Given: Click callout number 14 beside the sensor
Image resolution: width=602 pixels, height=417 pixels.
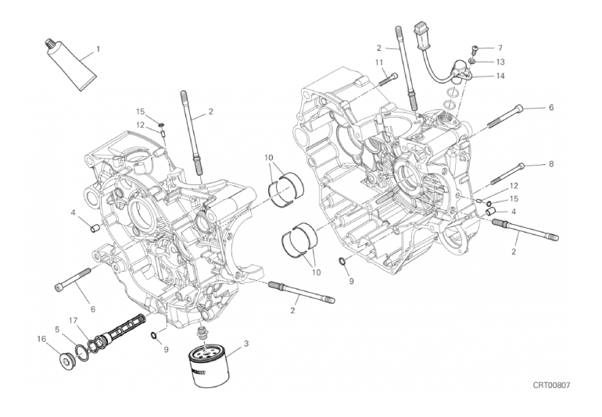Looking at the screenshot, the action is click(500, 76).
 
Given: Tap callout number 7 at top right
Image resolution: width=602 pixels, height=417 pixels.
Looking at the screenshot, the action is click(500, 48).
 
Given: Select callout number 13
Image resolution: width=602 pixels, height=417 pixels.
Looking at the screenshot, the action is click(500, 61).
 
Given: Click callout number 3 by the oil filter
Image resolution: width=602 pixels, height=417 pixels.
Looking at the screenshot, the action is click(246, 344).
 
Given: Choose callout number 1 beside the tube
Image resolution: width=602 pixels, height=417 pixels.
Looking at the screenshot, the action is click(99, 49).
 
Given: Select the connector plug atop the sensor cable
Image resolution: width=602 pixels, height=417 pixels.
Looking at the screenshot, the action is click(425, 37).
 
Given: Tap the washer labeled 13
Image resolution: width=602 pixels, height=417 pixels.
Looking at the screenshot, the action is click(474, 61).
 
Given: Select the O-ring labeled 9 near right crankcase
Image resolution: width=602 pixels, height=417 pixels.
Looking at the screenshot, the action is click(343, 260).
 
